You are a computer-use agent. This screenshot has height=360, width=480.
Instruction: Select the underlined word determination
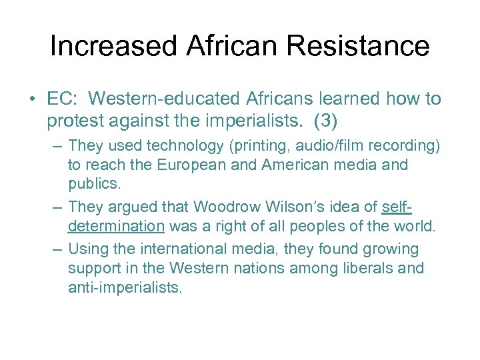[116, 226]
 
